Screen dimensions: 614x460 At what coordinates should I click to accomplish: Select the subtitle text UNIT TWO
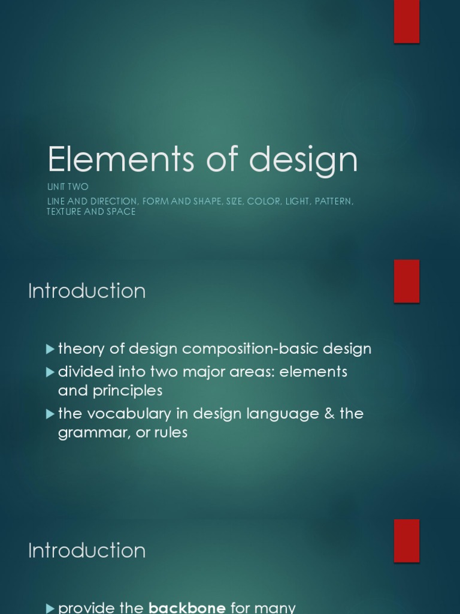click(68, 187)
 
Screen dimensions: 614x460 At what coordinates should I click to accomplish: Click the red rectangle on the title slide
click(406, 22)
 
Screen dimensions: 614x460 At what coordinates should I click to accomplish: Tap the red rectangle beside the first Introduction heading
click(406, 281)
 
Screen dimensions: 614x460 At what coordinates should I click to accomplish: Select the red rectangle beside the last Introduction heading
click(406, 540)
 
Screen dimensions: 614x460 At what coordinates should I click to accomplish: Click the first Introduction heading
click(87, 291)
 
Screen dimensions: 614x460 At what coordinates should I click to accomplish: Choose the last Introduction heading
click(87, 550)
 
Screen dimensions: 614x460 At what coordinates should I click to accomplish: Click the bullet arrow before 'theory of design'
click(50, 348)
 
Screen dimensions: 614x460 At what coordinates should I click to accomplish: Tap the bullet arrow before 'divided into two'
click(50, 372)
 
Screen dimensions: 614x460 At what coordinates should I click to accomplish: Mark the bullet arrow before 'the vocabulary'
click(50, 414)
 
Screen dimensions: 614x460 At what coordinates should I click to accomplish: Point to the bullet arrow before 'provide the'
click(50, 608)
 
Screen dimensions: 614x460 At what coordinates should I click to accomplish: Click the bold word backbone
click(187, 608)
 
